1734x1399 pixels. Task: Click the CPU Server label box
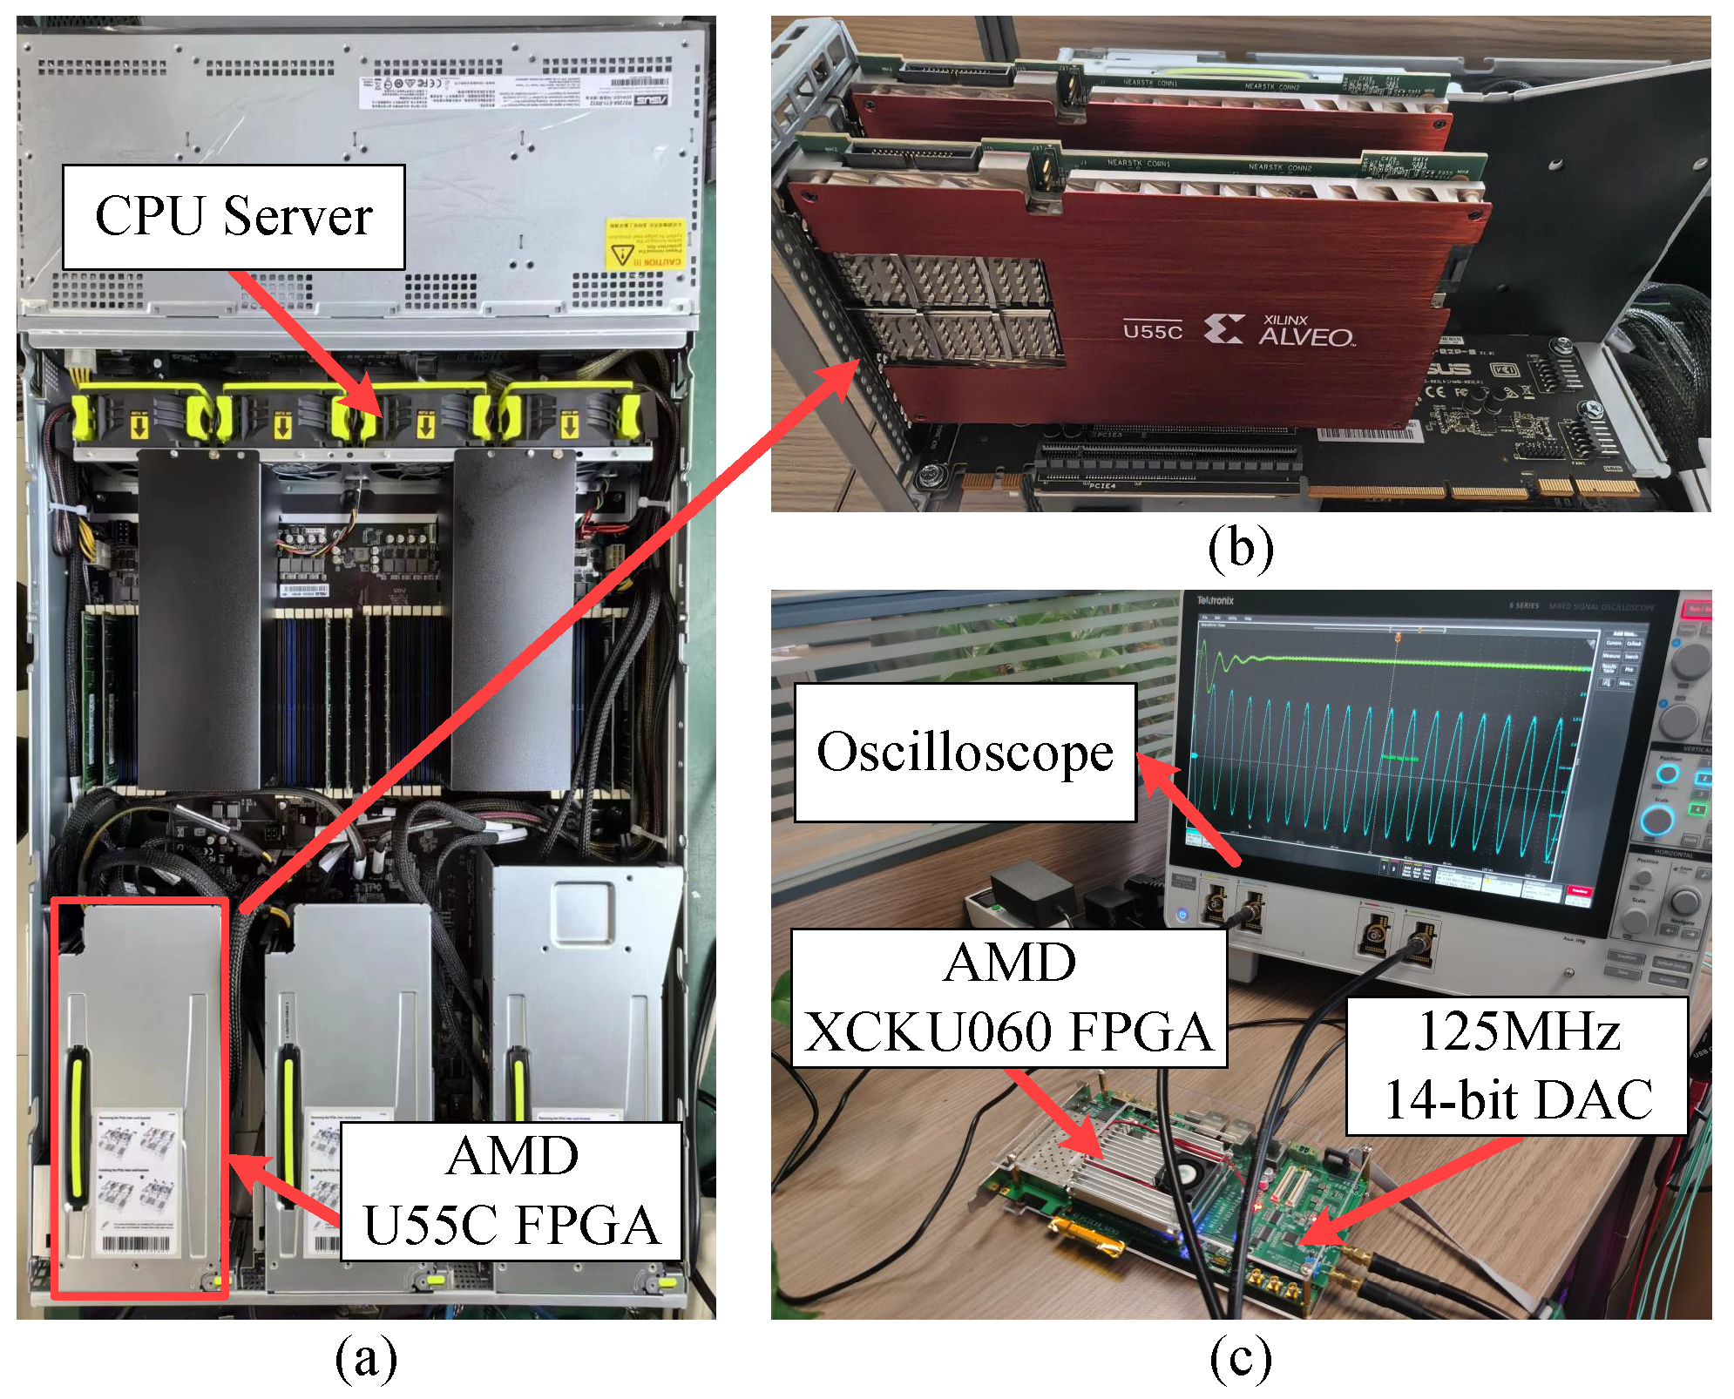234,217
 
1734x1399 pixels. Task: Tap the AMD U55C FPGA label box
511,1191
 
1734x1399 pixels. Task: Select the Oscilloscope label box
965,752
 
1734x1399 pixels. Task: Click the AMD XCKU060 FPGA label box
1008,998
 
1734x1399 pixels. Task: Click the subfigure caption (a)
366,1358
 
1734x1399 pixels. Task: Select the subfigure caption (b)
1240,549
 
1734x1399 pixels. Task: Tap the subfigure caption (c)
1240,1358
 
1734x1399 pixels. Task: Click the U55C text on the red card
1152,332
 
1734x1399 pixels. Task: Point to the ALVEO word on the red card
1305,337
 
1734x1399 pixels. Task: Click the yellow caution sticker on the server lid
645,244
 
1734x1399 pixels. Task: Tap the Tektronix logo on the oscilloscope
1215,601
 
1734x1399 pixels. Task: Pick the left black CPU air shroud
199,618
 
